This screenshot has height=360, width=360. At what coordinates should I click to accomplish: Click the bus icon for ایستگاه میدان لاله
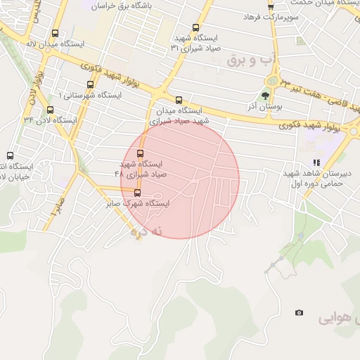coord(56,33)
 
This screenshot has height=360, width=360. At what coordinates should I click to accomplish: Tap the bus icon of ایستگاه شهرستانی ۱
coord(89,84)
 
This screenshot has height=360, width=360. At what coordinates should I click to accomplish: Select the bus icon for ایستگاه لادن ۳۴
coord(50,110)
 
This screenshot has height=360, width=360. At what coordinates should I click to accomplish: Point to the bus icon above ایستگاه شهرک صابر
coord(137,193)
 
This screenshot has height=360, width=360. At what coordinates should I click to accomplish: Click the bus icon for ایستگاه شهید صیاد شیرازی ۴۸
coord(140,153)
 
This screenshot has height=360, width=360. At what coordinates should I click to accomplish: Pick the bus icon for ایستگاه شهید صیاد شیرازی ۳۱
coord(195,27)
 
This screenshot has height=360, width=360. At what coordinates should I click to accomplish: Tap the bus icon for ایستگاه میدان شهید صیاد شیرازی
coord(179,100)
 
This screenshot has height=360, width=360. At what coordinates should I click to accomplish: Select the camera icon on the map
coord(300,312)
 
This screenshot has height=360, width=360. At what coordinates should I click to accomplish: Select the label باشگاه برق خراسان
coord(134,4)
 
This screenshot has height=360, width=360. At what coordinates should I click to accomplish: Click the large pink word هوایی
coord(337,318)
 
